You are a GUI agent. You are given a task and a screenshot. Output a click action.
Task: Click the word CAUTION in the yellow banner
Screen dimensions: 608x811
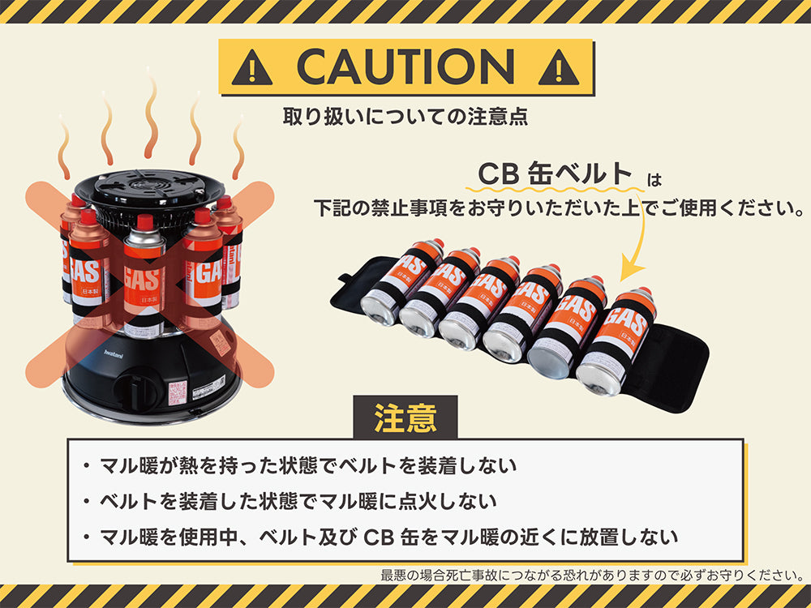pos(405,66)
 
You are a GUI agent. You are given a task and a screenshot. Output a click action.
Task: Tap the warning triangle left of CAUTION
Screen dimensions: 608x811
pos(251,69)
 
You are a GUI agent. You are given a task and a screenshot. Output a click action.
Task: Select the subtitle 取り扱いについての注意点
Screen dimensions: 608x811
pos(405,116)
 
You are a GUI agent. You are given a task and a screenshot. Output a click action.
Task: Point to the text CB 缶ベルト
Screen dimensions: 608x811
pos(555,174)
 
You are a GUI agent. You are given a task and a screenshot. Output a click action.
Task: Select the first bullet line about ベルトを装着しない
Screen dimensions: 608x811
pos(308,467)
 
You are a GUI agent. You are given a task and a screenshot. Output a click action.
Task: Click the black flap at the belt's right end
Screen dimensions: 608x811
pos(673,365)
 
